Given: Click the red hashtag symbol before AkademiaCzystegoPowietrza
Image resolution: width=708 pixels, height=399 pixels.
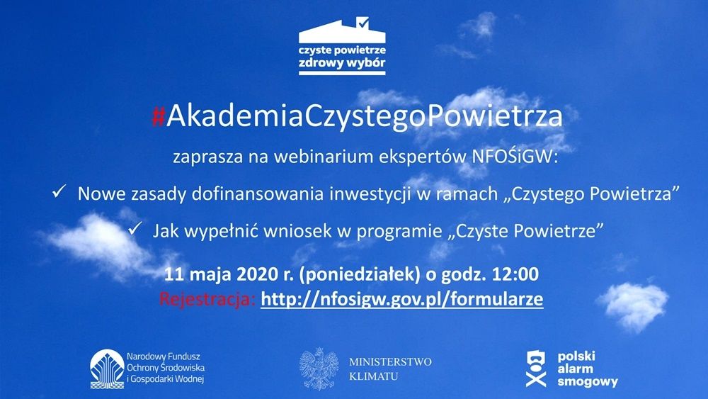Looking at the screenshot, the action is [x=158, y=116].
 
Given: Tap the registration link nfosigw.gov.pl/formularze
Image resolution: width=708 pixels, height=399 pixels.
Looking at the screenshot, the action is [x=402, y=298].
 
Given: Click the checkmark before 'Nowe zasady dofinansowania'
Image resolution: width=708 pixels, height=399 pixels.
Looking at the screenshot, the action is [x=59, y=191].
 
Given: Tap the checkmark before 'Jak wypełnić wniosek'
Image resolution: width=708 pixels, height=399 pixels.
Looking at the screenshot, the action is [x=135, y=228].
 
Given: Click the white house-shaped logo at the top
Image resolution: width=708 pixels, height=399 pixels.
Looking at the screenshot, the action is [x=342, y=46].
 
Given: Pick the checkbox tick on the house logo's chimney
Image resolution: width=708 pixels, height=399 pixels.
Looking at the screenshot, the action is [x=362, y=22].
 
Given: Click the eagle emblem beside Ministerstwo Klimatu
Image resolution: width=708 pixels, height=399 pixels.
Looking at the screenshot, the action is [x=319, y=369].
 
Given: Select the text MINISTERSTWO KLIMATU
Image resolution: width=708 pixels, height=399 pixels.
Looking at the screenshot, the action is [x=390, y=369].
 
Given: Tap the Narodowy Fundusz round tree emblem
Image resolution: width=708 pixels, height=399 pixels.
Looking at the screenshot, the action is [x=107, y=369].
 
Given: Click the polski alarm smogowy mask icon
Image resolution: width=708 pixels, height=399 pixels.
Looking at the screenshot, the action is [x=536, y=369].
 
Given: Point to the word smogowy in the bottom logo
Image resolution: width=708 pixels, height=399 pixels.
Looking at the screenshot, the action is [x=588, y=381].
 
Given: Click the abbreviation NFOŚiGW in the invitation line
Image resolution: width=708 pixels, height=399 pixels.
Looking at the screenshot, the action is [x=515, y=157].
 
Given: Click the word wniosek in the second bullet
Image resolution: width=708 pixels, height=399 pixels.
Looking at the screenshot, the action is [x=297, y=231].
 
